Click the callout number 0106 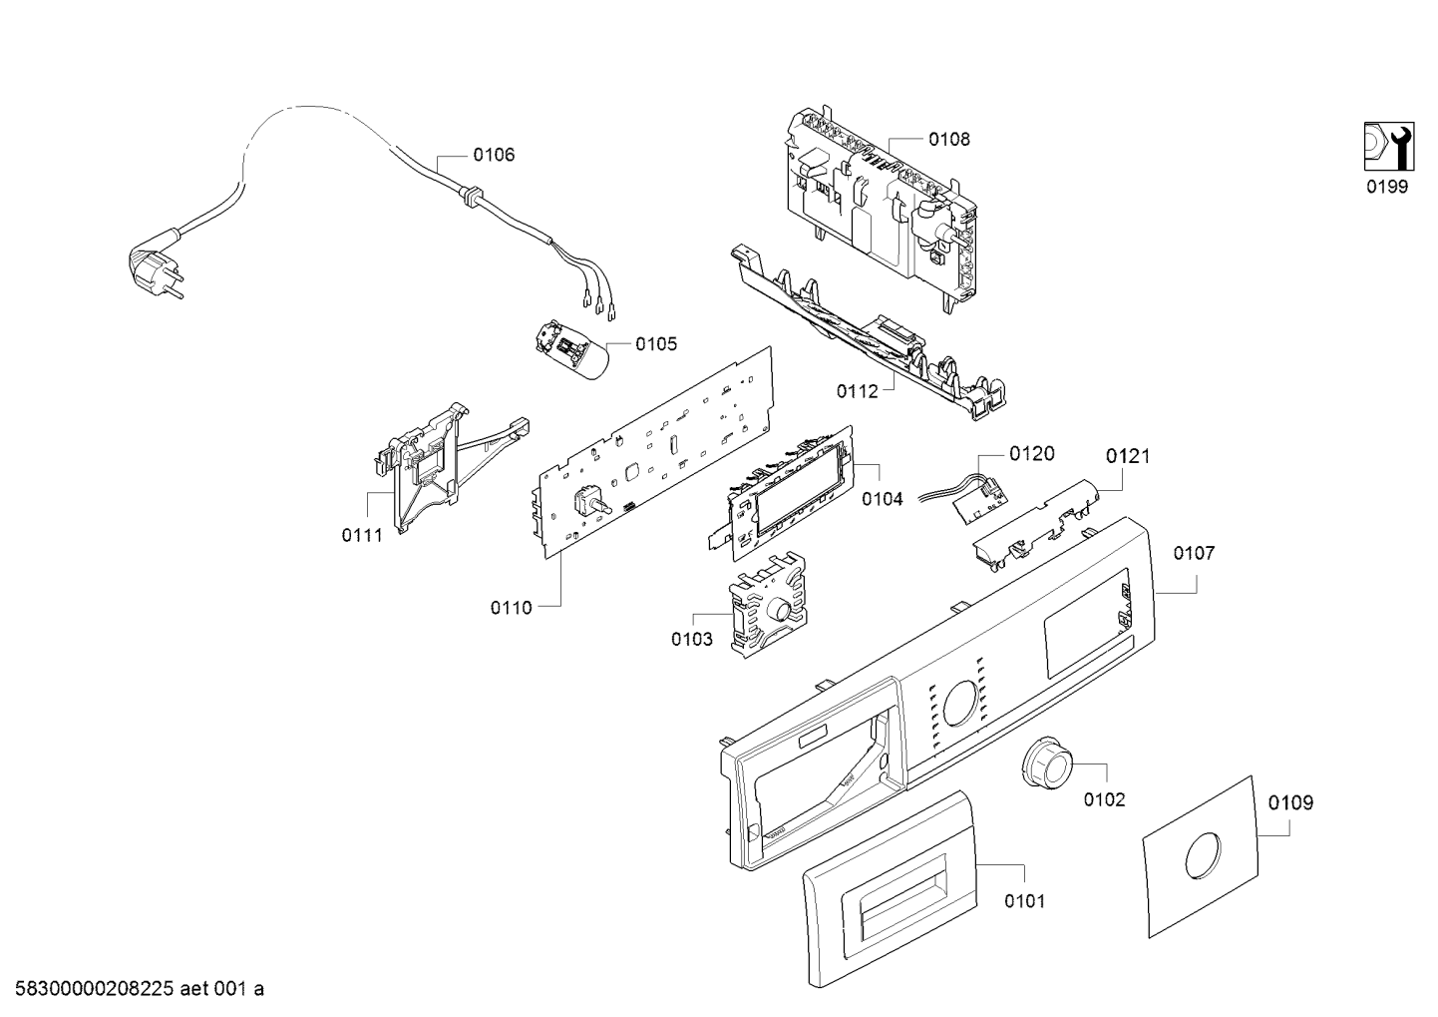pyautogui.click(x=494, y=155)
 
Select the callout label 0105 pyautogui.click(x=656, y=344)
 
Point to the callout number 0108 pyautogui.click(x=949, y=140)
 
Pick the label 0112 pyautogui.click(x=857, y=391)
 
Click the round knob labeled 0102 pyautogui.click(x=1045, y=763)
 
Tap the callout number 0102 pyautogui.click(x=1105, y=799)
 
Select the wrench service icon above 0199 pyautogui.click(x=1389, y=156)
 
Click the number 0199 pyautogui.click(x=1387, y=187)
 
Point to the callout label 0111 pyautogui.click(x=362, y=535)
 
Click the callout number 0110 pyautogui.click(x=511, y=608)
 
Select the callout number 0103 pyautogui.click(x=692, y=639)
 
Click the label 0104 pyautogui.click(x=883, y=499)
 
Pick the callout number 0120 pyautogui.click(x=1032, y=454)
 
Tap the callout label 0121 pyautogui.click(x=1128, y=457)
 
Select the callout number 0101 pyautogui.click(x=1024, y=901)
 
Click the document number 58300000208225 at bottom pyautogui.click(x=95, y=989)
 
